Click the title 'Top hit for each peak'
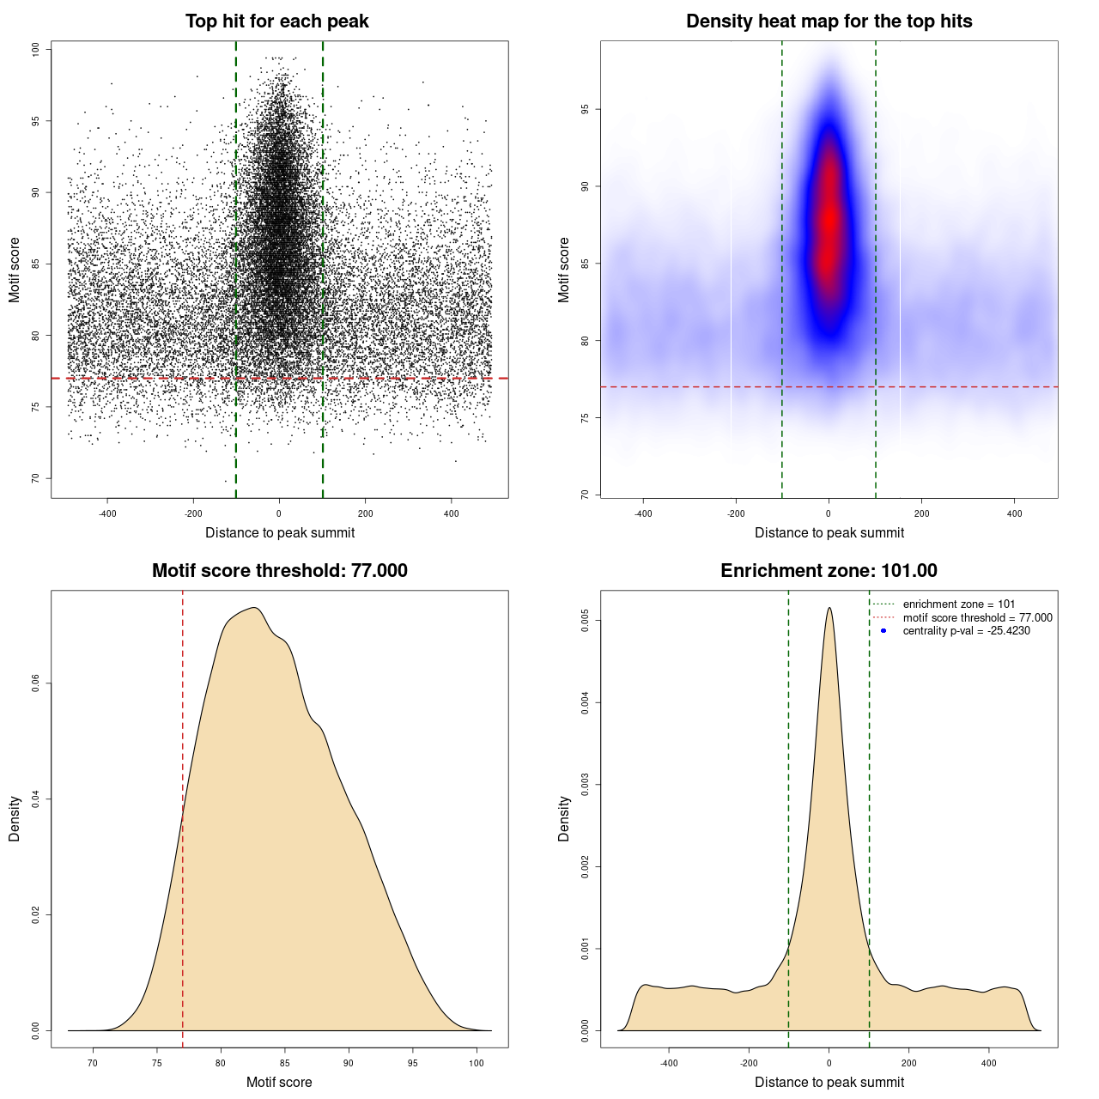coord(276,21)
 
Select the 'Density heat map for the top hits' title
coord(829,21)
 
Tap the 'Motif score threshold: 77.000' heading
coord(279,571)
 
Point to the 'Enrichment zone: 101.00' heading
coord(829,571)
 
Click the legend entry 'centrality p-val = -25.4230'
coord(966,631)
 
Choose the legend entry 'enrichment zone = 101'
coord(958,604)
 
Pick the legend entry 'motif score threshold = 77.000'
coord(977,618)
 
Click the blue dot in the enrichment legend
coord(883,631)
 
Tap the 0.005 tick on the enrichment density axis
coord(585,621)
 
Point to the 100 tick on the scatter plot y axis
coord(36,50)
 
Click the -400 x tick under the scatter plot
coord(107,513)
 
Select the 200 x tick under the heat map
coord(921,513)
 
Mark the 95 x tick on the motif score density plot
coord(413,1063)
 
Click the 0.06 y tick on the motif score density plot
coord(36,683)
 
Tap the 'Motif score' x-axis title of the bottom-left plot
coord(279,1082)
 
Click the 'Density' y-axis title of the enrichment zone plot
coord(564,818)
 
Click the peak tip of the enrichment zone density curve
coord(829,608)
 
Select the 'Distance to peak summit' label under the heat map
coord(829,532)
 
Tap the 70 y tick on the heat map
coord(585,495)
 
